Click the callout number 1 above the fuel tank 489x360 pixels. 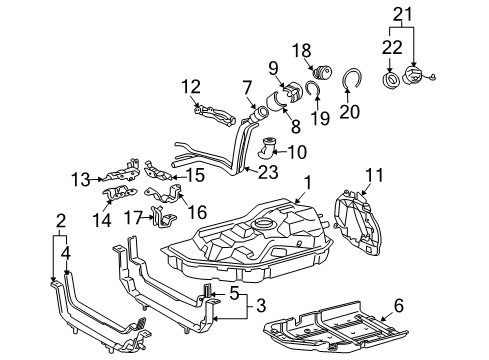[x=308, y=182]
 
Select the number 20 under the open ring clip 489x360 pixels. [x=349, y=112]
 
